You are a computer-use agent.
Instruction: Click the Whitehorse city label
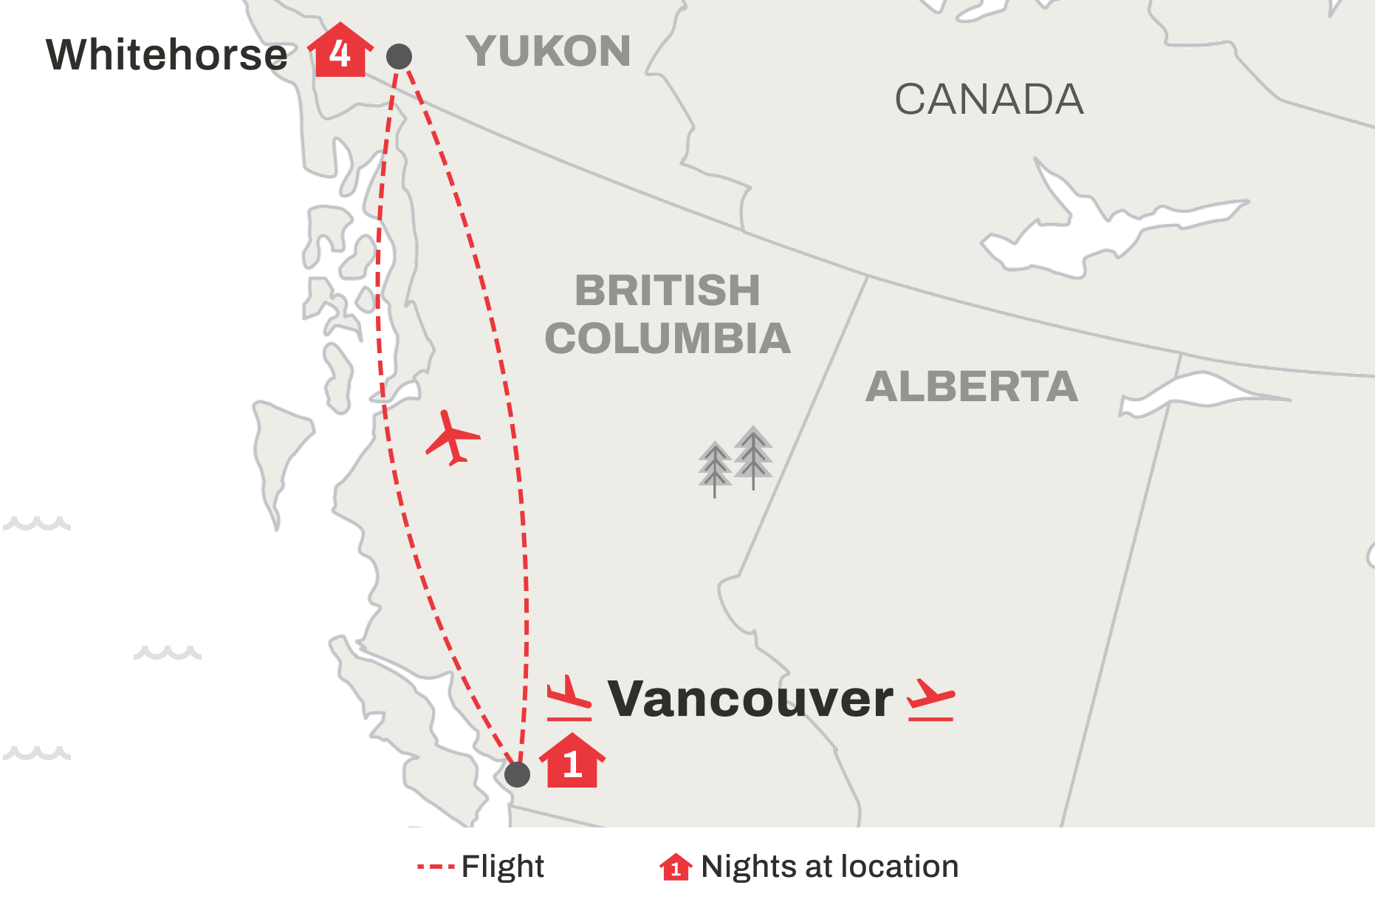pos(167,55)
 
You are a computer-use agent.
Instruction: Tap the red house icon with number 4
pos(340,52)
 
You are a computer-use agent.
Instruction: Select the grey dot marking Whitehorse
pos(399,56)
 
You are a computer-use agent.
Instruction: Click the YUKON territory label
pos(548,51)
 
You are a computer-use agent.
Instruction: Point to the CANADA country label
pos(989,100)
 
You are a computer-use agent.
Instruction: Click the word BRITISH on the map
pos(667,290)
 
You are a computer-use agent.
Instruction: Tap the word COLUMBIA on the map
pos(668,338)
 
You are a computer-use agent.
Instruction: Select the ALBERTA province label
pos(971,386)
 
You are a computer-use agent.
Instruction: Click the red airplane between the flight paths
pos(452,438)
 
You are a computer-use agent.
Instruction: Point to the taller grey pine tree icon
pos(753,455)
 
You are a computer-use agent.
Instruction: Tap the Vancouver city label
pos(750,699)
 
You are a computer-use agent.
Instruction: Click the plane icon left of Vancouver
pos(569,698)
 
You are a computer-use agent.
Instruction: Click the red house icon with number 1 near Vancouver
pos(572,762)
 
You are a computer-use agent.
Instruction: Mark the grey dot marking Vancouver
pos(517,774)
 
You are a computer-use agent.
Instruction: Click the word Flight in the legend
pos(502,867)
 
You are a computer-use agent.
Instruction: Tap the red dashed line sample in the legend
pos(435,867)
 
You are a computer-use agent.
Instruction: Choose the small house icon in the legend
pos(675,867)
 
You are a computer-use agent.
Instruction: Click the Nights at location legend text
pos(829,867)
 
